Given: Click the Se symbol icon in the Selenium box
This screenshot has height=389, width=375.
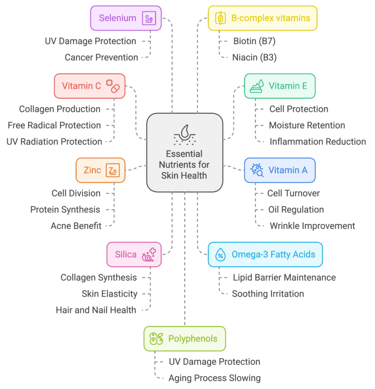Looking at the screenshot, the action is (149, 18).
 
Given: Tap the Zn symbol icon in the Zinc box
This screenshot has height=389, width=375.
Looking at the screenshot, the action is (113, 170).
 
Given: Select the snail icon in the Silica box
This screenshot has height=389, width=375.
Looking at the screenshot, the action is (149, 255).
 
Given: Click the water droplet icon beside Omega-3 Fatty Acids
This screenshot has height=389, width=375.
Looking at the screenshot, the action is (220, 255).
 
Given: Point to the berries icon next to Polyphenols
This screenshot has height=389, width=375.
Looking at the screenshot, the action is (157, 338).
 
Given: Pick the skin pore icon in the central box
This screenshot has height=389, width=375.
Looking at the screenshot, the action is (185, 135).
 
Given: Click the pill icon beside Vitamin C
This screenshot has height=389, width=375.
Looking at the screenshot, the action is (113, 86).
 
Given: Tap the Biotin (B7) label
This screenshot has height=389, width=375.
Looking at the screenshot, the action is (255, 41).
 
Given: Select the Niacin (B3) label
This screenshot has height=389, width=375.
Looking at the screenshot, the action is (255, 58).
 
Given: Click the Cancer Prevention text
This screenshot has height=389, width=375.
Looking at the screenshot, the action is (101, 58).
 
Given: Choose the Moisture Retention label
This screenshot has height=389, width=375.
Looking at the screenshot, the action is (307, 125).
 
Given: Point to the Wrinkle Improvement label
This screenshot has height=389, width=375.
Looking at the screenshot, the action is (312, 226).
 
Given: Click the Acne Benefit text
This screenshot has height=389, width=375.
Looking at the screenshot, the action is (76, 226).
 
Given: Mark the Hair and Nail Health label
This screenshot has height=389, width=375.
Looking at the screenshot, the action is (96, 310).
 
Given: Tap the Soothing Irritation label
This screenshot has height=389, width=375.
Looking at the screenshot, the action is (268, 294).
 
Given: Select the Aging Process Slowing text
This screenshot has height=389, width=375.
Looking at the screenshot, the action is (215, 378).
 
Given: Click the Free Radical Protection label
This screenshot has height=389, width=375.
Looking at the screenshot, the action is (54, 125).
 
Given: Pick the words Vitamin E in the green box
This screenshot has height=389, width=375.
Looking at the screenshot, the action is (288, 86).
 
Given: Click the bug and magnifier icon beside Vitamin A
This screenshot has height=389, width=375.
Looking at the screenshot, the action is (257, 170).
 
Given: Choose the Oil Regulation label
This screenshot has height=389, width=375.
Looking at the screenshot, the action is (296, 210).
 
